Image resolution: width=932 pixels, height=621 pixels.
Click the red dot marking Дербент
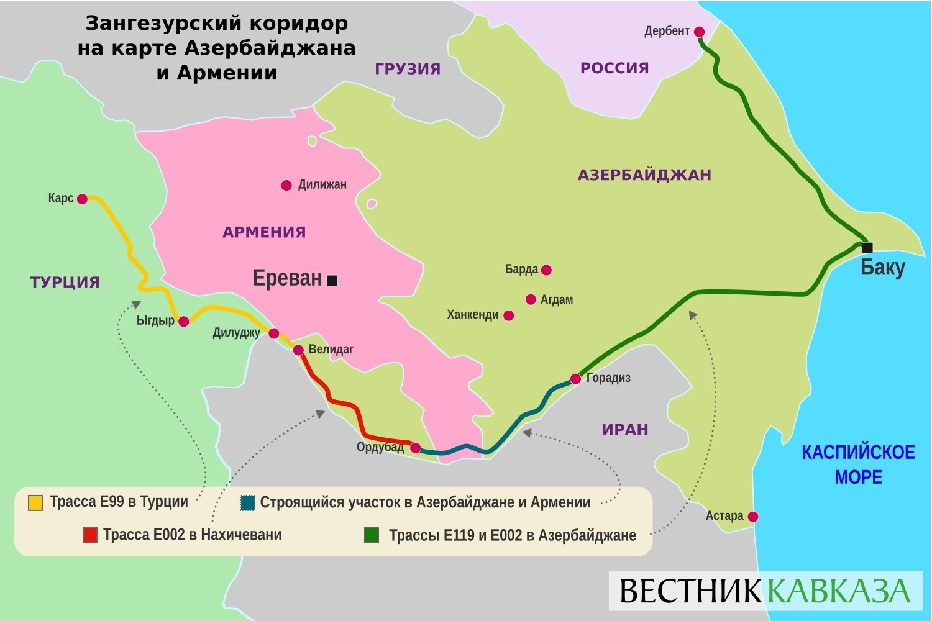click(x=699, y=32)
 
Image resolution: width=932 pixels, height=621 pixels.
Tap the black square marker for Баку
click(x=867, y=247)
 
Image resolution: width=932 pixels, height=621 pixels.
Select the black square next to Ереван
click(x=332, y=281)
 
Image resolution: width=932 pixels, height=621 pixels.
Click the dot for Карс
click(x=82, y=199)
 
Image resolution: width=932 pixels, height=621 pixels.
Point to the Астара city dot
click(x=753, y=517)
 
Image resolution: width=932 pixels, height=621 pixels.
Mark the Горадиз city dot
click(x=576, y=378)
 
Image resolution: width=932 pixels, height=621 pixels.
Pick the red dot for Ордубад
click(x=415, y=448)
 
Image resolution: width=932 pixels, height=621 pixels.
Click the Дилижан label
click(x=322, y=184)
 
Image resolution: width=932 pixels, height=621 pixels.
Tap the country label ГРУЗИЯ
click(x=408, y=69)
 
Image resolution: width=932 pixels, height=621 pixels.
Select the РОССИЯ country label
click(x=614, y=68)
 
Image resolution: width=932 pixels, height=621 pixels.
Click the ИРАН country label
click(x=625, y=430)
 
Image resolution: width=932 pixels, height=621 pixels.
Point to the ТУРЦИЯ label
click(x=65, y=282)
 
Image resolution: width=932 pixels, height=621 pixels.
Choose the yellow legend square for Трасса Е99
click(x=35, y=502)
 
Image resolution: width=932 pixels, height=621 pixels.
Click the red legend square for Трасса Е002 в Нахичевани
click(x=90, y=535)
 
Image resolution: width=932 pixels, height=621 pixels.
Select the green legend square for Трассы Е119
click(x=372, y=535)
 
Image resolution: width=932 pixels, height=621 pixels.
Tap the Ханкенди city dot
click(x=508, y=315)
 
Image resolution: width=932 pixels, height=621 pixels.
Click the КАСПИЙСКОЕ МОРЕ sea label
click(x=858, y=465)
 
